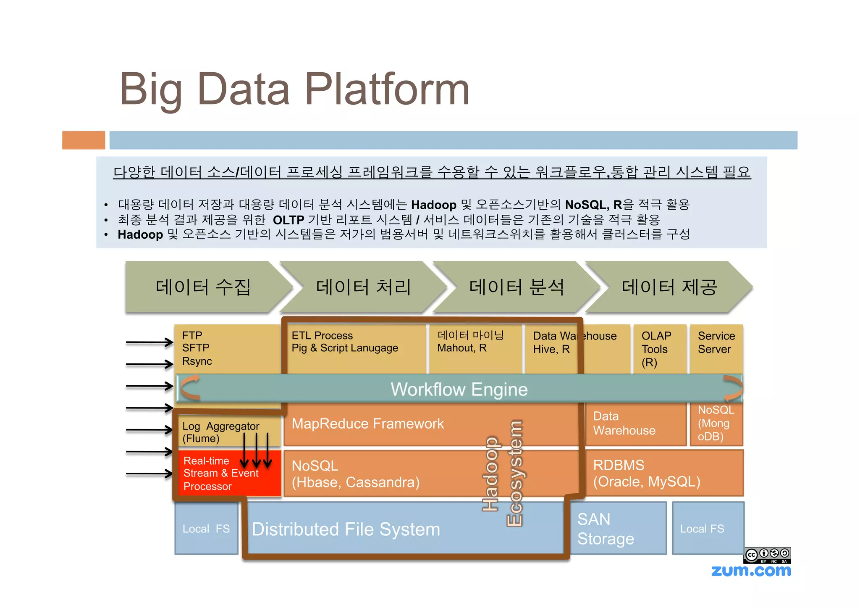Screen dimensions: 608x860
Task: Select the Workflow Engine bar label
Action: pyautogui.click(x=459, y=389)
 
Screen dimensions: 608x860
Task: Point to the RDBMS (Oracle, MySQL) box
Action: pyautogui.click(x=663, y=473)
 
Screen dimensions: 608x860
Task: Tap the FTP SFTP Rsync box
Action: pyautogui.click(x=227, y=348)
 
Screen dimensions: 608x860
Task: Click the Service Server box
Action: pyautogui.click(x=716, y=348)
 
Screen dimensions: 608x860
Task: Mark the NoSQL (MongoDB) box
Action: pyautogui.click(x=716, y=424)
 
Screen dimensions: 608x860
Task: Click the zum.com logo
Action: pyautogui.click(x=751, y=571)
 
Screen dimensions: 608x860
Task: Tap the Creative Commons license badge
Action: pyautogui.click(x=767, y=555)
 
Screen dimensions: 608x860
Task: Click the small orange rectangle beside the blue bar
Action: pyautogui.click(x=84, y=140)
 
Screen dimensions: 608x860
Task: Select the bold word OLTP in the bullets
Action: pyautogui.click(x=288, y=220)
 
